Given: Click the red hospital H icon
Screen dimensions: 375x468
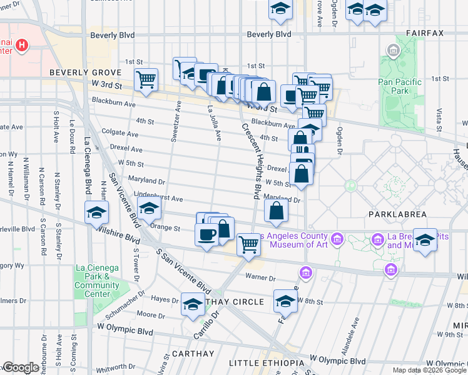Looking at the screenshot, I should [x=22, y=45].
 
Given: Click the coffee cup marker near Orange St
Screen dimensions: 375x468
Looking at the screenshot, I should [x=207, y=235].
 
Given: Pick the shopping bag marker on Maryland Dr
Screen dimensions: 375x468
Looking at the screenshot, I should [x=276, y=211].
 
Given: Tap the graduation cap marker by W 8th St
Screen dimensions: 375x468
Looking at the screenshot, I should [x=285, y=301].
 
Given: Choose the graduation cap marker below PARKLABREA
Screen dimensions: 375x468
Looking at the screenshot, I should [x=425, y=240].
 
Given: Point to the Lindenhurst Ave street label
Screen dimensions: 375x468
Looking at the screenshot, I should [x=154, y=199].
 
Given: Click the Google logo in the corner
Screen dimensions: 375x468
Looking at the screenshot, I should [x=20, y=368].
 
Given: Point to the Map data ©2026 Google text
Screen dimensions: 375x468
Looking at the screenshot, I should [x=429, y=370].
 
